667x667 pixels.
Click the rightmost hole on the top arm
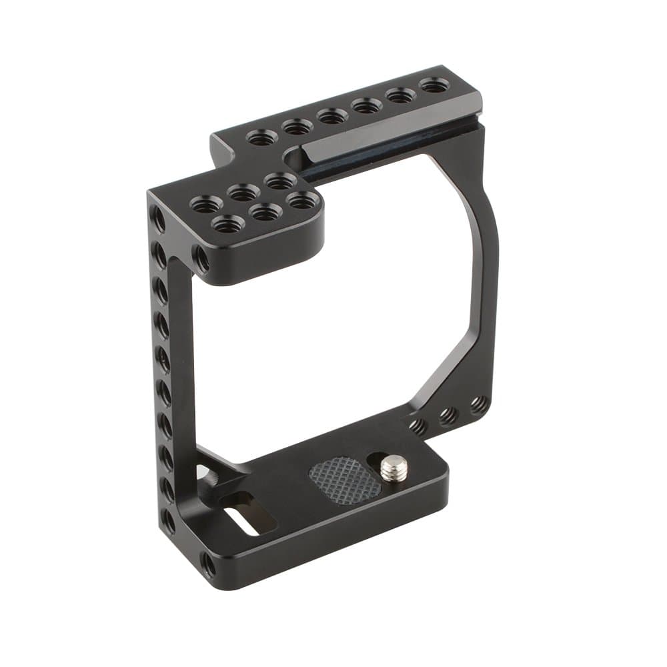click(434, 85)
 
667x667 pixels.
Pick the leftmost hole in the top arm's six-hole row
click(261, 138)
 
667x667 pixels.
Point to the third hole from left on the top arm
click(331, 116)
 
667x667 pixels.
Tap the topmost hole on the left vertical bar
click(157, 217)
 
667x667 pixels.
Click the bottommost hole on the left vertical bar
click(169, 522)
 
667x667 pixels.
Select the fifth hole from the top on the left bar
click(163, 357)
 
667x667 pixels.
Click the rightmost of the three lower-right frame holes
click(478, 405)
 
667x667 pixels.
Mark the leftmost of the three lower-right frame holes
click(418, 426)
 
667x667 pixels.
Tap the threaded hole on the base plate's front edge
click(209, 566)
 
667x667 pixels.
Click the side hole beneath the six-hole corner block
click(201, 258)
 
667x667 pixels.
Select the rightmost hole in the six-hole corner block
click(301, 199)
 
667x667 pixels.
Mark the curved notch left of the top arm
click(293, 160)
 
